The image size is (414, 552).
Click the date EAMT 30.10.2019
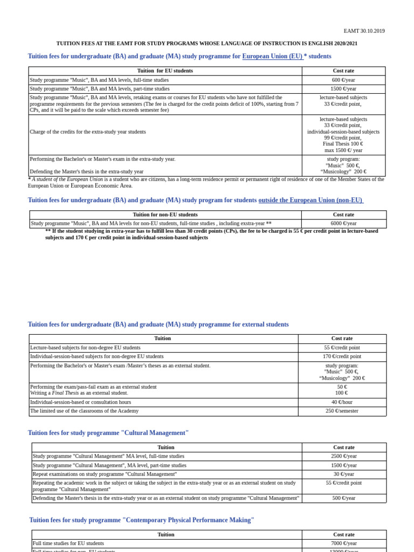tap(364, 31)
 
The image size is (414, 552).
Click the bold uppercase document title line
tap(206, 44)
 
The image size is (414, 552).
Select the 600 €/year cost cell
tap(343, 80)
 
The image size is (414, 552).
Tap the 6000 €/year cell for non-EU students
tap(343, 223)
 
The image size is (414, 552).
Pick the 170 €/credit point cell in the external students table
tap(342, 356)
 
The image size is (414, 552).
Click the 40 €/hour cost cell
tap(342, 402)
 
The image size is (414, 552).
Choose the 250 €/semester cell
tap(342, 411)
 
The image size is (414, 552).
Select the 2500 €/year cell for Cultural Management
tap(343, 456)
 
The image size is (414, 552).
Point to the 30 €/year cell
tap(343, 474)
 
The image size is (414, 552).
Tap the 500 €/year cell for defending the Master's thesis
tap(343, 498)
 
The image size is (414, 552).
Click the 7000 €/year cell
tap(343, 543)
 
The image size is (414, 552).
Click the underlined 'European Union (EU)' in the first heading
tap(272, 57)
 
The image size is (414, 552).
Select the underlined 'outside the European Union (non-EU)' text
tap(310, 201)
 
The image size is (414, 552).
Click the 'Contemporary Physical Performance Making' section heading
tap(141, 520)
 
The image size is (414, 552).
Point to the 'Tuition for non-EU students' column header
tap(165, 215)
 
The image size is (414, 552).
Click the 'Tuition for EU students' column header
tap(165, 71)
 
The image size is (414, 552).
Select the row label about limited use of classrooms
tap(84, 411)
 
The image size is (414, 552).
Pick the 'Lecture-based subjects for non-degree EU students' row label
tap(85, 348)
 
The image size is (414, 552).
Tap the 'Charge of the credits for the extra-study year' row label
tap(87, 132)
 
